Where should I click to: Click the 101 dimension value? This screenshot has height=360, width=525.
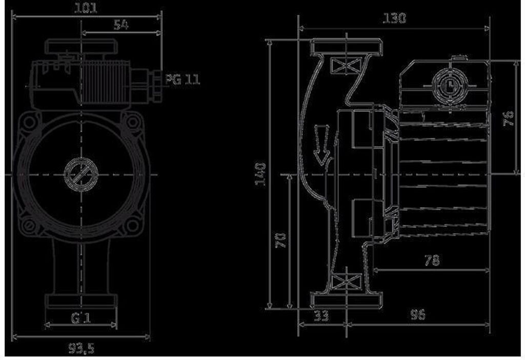pos(86,8)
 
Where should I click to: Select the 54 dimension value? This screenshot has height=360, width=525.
pos(121,25)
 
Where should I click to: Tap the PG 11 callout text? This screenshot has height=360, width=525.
pos(182,79)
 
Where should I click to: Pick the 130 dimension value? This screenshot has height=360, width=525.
pos(394,18)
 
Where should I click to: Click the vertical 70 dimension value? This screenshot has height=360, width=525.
pos(281,240)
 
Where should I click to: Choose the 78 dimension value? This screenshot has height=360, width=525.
pos(432,261)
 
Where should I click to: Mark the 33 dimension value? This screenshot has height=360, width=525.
pos(321,315)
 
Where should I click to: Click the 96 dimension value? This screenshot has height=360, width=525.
pos(418,315)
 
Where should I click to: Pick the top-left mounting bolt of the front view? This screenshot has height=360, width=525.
pos(30,122)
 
